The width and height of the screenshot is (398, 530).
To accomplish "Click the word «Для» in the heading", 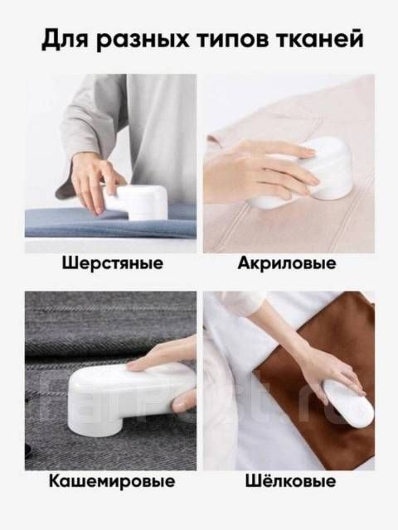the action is click(66, 40).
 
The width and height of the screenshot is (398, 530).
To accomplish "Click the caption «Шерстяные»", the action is click(113, 263).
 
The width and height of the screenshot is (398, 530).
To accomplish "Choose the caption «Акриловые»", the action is click(287, 263).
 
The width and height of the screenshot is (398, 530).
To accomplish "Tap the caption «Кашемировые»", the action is click(112, 481).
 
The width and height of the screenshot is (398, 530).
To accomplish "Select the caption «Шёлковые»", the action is click(290, 480).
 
